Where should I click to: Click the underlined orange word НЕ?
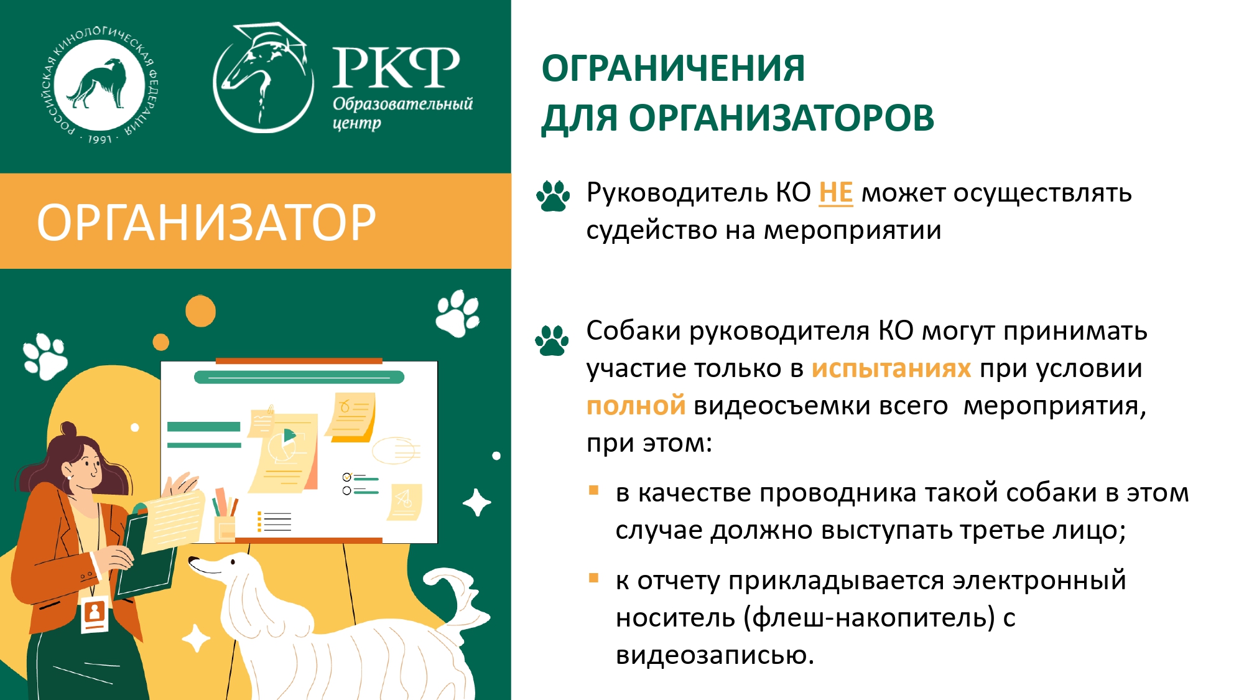tap(835, 193)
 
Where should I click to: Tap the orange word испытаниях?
tap(891, 368)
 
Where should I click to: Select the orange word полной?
tap(636, 405)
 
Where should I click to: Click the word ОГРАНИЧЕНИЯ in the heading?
tap(673, 68)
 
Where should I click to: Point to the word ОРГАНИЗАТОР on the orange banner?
tap(207, 222)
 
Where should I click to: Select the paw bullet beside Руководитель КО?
tap(553, 196)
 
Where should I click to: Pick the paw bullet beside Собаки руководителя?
tap(552, 340)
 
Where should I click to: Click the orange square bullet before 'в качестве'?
tap(593, 490)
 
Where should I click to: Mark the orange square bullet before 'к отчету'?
tap(593, 578)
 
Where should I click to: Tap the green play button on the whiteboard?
tap(289, 436)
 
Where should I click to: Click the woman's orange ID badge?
tap(95, 614)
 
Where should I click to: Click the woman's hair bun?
tap(68, 429)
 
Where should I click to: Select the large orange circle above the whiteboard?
tap(200, 310)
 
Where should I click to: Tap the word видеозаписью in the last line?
tap(715, 655)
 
